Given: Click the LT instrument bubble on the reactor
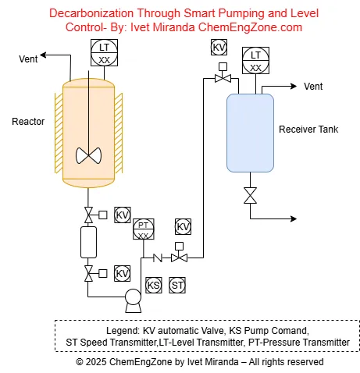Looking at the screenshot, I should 104,54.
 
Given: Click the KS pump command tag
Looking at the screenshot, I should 154,286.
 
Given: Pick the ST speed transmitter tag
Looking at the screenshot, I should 178,286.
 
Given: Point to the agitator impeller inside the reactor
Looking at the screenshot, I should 89,155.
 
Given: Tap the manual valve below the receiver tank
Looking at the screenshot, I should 250,195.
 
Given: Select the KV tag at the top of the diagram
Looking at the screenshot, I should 219,48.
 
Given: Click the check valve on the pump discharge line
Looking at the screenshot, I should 157,258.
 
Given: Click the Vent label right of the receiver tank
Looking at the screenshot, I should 313,86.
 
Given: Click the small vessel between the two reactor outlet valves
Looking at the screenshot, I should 88,243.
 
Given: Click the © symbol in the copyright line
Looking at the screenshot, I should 80,362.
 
